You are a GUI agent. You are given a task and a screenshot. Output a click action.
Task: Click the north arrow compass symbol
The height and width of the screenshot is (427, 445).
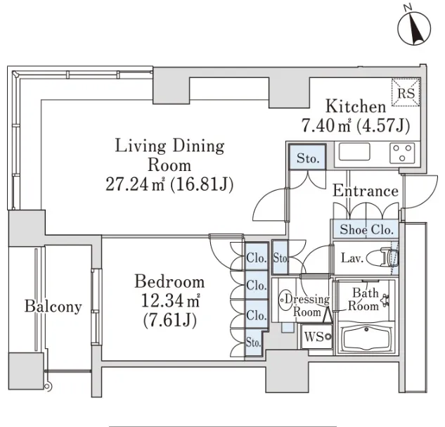(414, 28)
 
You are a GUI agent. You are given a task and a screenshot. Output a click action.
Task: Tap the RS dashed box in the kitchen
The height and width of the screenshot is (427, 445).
(406, 93)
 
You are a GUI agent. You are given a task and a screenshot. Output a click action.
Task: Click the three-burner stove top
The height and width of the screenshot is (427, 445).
(402, 153)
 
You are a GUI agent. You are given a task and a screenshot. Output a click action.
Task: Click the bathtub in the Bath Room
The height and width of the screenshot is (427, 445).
(366, 338)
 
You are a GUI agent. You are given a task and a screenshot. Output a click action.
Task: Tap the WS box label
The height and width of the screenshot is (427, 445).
(314, 337)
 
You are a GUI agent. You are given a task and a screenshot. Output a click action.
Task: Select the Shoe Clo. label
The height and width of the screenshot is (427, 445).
(366, 229)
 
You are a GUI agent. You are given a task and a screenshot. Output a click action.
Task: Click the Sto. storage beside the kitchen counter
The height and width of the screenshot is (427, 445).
(307, 158)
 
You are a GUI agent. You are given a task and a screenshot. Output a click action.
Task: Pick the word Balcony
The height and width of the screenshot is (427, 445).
(53, 307)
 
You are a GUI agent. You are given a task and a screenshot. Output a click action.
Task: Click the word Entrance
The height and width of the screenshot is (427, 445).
(366, 191)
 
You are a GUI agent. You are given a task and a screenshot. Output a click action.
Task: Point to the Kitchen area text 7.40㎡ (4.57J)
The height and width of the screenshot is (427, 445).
(355, 125)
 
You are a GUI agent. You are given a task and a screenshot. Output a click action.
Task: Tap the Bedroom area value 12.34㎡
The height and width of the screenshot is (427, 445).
(170, 301)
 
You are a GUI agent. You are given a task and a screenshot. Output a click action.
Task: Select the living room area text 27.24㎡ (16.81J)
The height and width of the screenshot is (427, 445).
(169, 184)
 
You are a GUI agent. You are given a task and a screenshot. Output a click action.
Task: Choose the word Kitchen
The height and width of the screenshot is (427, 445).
(356, 106)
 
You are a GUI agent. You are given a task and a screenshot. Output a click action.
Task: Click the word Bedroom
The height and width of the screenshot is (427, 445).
(169, 281)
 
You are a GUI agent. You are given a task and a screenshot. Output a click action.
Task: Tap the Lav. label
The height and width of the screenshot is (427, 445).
(352, 257)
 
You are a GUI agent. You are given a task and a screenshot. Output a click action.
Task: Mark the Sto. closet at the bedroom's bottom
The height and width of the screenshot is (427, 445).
(253, 343)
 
